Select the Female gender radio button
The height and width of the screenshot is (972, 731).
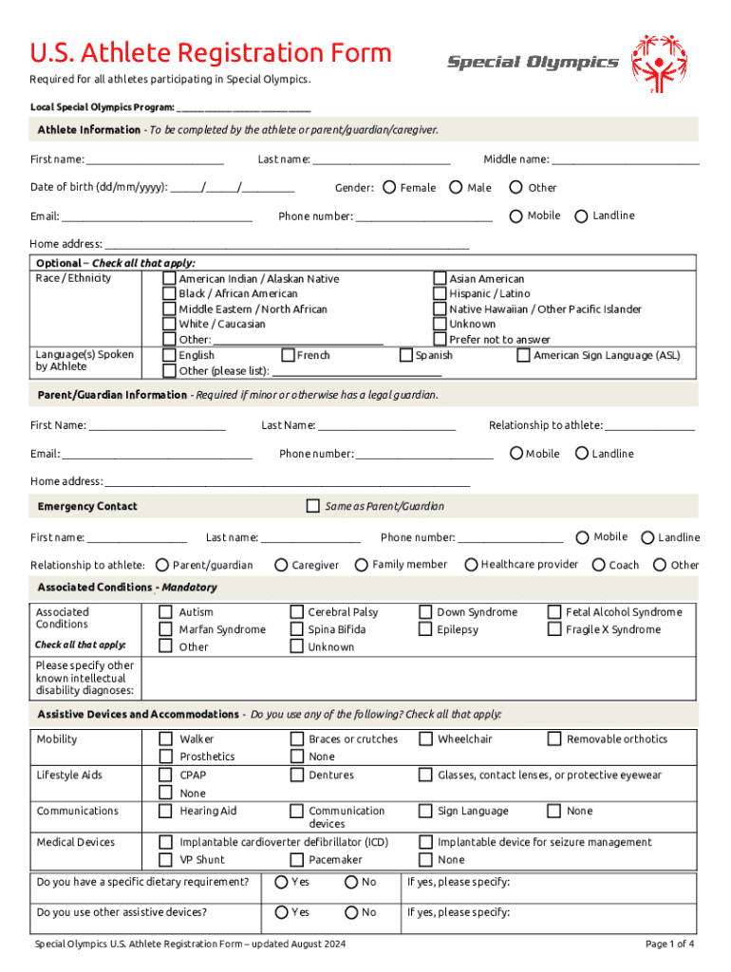click(x=389, y=188)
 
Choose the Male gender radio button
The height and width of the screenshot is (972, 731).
click(x=456, y=188)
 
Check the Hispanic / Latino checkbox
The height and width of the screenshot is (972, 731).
click(x=440, y=294)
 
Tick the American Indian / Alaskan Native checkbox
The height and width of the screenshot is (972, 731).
click(x=169, y=279)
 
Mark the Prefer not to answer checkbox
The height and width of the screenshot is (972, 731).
click(x=440, y=339)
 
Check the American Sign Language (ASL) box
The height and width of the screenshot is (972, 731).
click(x=523, y=355)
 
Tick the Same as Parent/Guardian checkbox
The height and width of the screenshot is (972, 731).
click(x=312, y=506)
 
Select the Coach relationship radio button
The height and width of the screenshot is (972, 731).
click(x=598, y=565)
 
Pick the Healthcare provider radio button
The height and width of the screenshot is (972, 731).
click(x=471, y=565)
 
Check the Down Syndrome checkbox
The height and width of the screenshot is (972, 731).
click(x=426, y=612)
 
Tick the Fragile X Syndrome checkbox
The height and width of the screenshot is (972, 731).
click(x=554, y=629)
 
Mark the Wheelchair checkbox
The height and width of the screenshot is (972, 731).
click(x=426, y=738)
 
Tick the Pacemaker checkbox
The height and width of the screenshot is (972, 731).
click(x=297, y=859)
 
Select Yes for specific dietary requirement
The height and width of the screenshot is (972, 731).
click(x=281, y=883)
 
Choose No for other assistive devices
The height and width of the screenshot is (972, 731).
click(x=351, y=912)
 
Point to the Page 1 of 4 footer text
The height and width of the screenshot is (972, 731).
click(x=669, y=944)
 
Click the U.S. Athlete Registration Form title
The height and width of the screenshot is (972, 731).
click(x=211, y=53)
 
